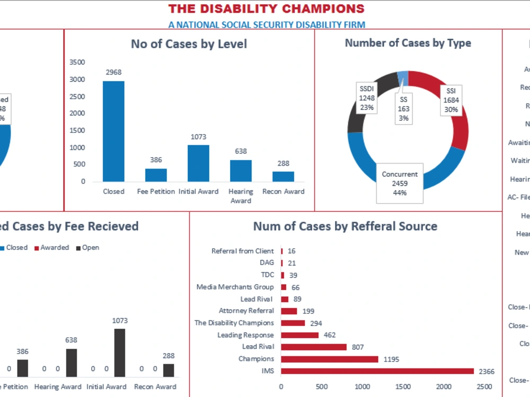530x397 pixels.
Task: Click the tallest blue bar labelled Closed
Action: tap(113, 131)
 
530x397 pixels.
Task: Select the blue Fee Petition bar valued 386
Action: tap(156, 175)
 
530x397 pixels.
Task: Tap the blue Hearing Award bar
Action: tap(241, 170)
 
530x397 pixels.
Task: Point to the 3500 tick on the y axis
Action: tap(77, 62)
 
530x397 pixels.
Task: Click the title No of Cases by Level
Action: tap(189, 44)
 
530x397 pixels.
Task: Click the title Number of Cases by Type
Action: tap(408, 43)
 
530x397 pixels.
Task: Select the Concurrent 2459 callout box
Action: tap(400, 183)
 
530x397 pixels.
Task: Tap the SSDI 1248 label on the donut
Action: tap(367, 98)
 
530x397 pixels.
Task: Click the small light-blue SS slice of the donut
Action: tap(402, 76)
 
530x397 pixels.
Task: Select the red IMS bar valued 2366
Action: tap(377, 371)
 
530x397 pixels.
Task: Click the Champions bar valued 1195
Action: tap(329, 359)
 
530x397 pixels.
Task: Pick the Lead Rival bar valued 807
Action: tap(313, 347)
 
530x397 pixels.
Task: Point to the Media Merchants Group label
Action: tap(235, 287)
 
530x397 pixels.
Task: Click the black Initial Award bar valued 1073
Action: tap(120, 353)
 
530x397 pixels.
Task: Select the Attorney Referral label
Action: tap(246, 311)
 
